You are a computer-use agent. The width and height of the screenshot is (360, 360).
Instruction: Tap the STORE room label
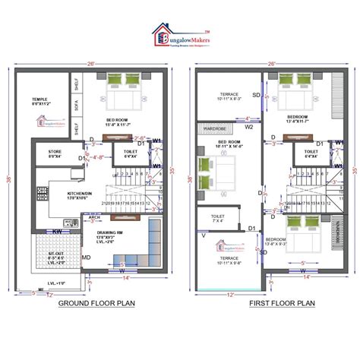click(x=55, y=153)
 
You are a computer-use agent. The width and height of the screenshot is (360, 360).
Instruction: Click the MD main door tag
click(x=86, y=257)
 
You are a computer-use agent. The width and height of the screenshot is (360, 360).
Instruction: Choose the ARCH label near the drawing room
click(x=94, y=218)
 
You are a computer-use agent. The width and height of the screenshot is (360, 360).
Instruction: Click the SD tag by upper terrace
click(x=256, y=95)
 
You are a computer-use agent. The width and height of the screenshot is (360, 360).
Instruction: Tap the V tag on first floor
click(x=203, y=234)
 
